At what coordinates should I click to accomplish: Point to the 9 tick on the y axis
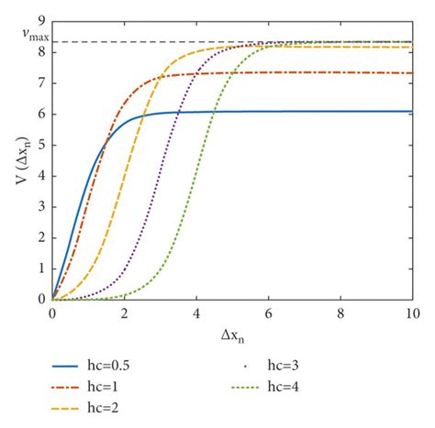point(39,19)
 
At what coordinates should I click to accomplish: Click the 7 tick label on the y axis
point(39,82)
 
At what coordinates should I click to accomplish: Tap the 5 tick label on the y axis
point(39,144)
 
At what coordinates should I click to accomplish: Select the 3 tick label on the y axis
point(39,206)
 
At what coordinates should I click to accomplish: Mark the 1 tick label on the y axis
point(39,269)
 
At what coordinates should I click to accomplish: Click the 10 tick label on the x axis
point(412,313)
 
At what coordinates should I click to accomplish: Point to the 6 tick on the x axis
point(268,313)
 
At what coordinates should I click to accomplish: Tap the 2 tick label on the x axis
point(124,313)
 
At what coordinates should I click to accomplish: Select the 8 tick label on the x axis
point(340,313)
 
